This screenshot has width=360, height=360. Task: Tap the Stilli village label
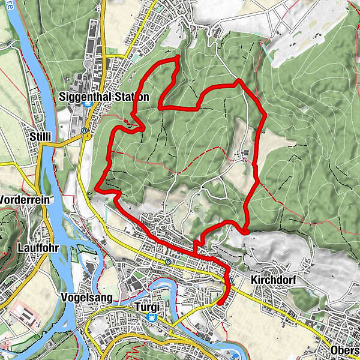point(41,137)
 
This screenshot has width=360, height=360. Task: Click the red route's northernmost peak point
point(178,56)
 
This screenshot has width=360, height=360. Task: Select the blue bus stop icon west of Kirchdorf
point(230,279)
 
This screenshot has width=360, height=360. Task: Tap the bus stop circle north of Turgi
point(169,262)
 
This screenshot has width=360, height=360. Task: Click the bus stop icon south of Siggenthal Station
point(85,130)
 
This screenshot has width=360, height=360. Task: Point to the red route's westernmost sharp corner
point(95,191)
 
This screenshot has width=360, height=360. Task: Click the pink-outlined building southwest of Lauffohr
point(22,312)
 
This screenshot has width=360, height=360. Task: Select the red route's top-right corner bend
point(239,80)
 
